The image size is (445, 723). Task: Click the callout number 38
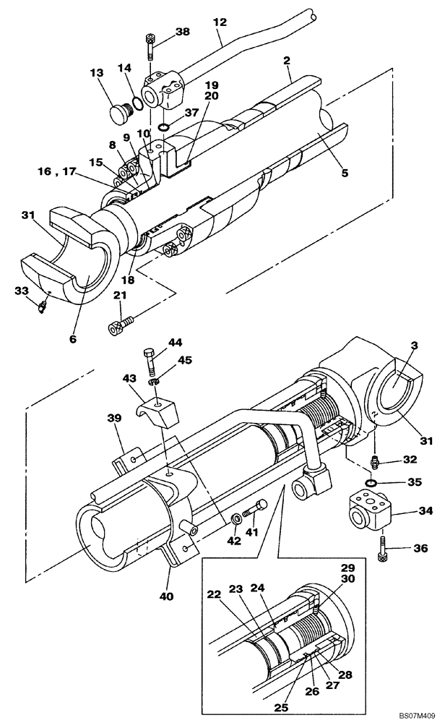[x=182, y=32]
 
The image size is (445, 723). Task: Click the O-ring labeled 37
[x=164, y=129]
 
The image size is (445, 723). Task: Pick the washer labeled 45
[x=154, y=380]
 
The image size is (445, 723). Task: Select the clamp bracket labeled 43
[x=157, y=411]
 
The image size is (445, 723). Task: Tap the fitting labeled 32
[x=374, y=461]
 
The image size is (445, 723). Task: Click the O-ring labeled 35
[x=371, y=482]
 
